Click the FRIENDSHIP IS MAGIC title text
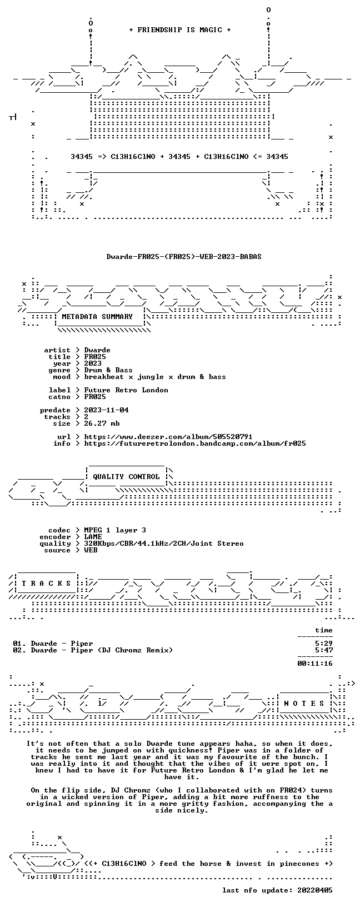pos(180,29)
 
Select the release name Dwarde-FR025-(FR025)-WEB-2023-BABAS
pos(184,256)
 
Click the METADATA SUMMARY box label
pos(97,317)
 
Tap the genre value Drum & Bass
pos(108,370)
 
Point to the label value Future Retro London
pos(126,390)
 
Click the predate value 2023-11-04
pos(106,410)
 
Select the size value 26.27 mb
pos(102,423)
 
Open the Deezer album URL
pos(168,436)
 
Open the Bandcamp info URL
pos(195,443)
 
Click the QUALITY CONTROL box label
pos(126,477)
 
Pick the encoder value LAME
pos(93,536)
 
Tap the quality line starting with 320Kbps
pos(163,544)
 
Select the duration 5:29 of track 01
pos(323,644)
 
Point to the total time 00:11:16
pos(314,663)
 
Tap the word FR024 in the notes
pos(291,790)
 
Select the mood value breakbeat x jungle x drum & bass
pos(154,377)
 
